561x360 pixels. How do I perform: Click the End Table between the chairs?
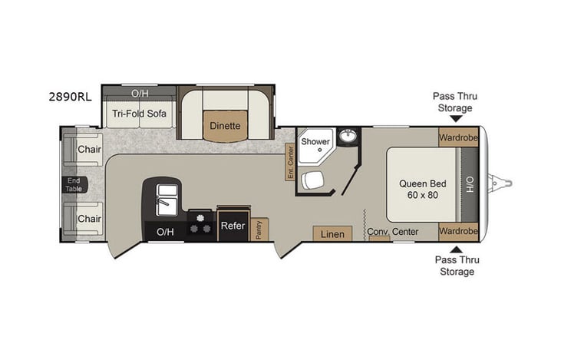pyautogui.click(x=75, y=184)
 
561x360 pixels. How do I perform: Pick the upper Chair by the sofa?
pyautogui.click(x=89, y=149)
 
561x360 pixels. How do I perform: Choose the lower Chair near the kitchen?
pyautogui.click(x=89, y=219)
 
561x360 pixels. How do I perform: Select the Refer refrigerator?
pyautogui.click(x=233, y=226)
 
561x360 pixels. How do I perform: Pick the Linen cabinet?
pyautogui.click(x=332, y=233)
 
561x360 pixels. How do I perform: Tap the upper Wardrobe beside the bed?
pyautogui.click(x=458, y=139)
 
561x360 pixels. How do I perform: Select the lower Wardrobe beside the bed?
pyautogui.click(x=458, y=230)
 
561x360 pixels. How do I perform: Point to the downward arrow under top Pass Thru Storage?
pyautogui.click(x=455, y=119)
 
